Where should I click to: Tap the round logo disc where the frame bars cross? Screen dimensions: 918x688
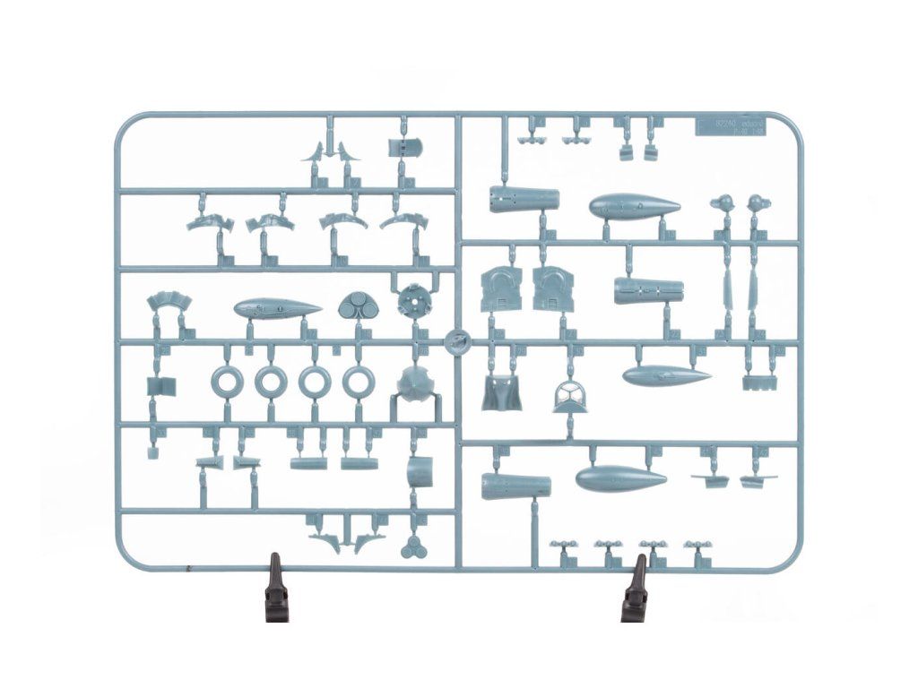click(x=457, y=341)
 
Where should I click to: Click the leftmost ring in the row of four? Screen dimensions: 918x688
click(x=227, y=383)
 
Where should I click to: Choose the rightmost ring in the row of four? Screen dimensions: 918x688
click(x=358, y=383)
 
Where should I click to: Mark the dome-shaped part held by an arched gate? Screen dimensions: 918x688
click(x=415, y=384)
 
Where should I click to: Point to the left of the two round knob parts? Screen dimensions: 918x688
click(x=723, y=203)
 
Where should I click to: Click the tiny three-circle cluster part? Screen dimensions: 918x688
click(x=412, y=547)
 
